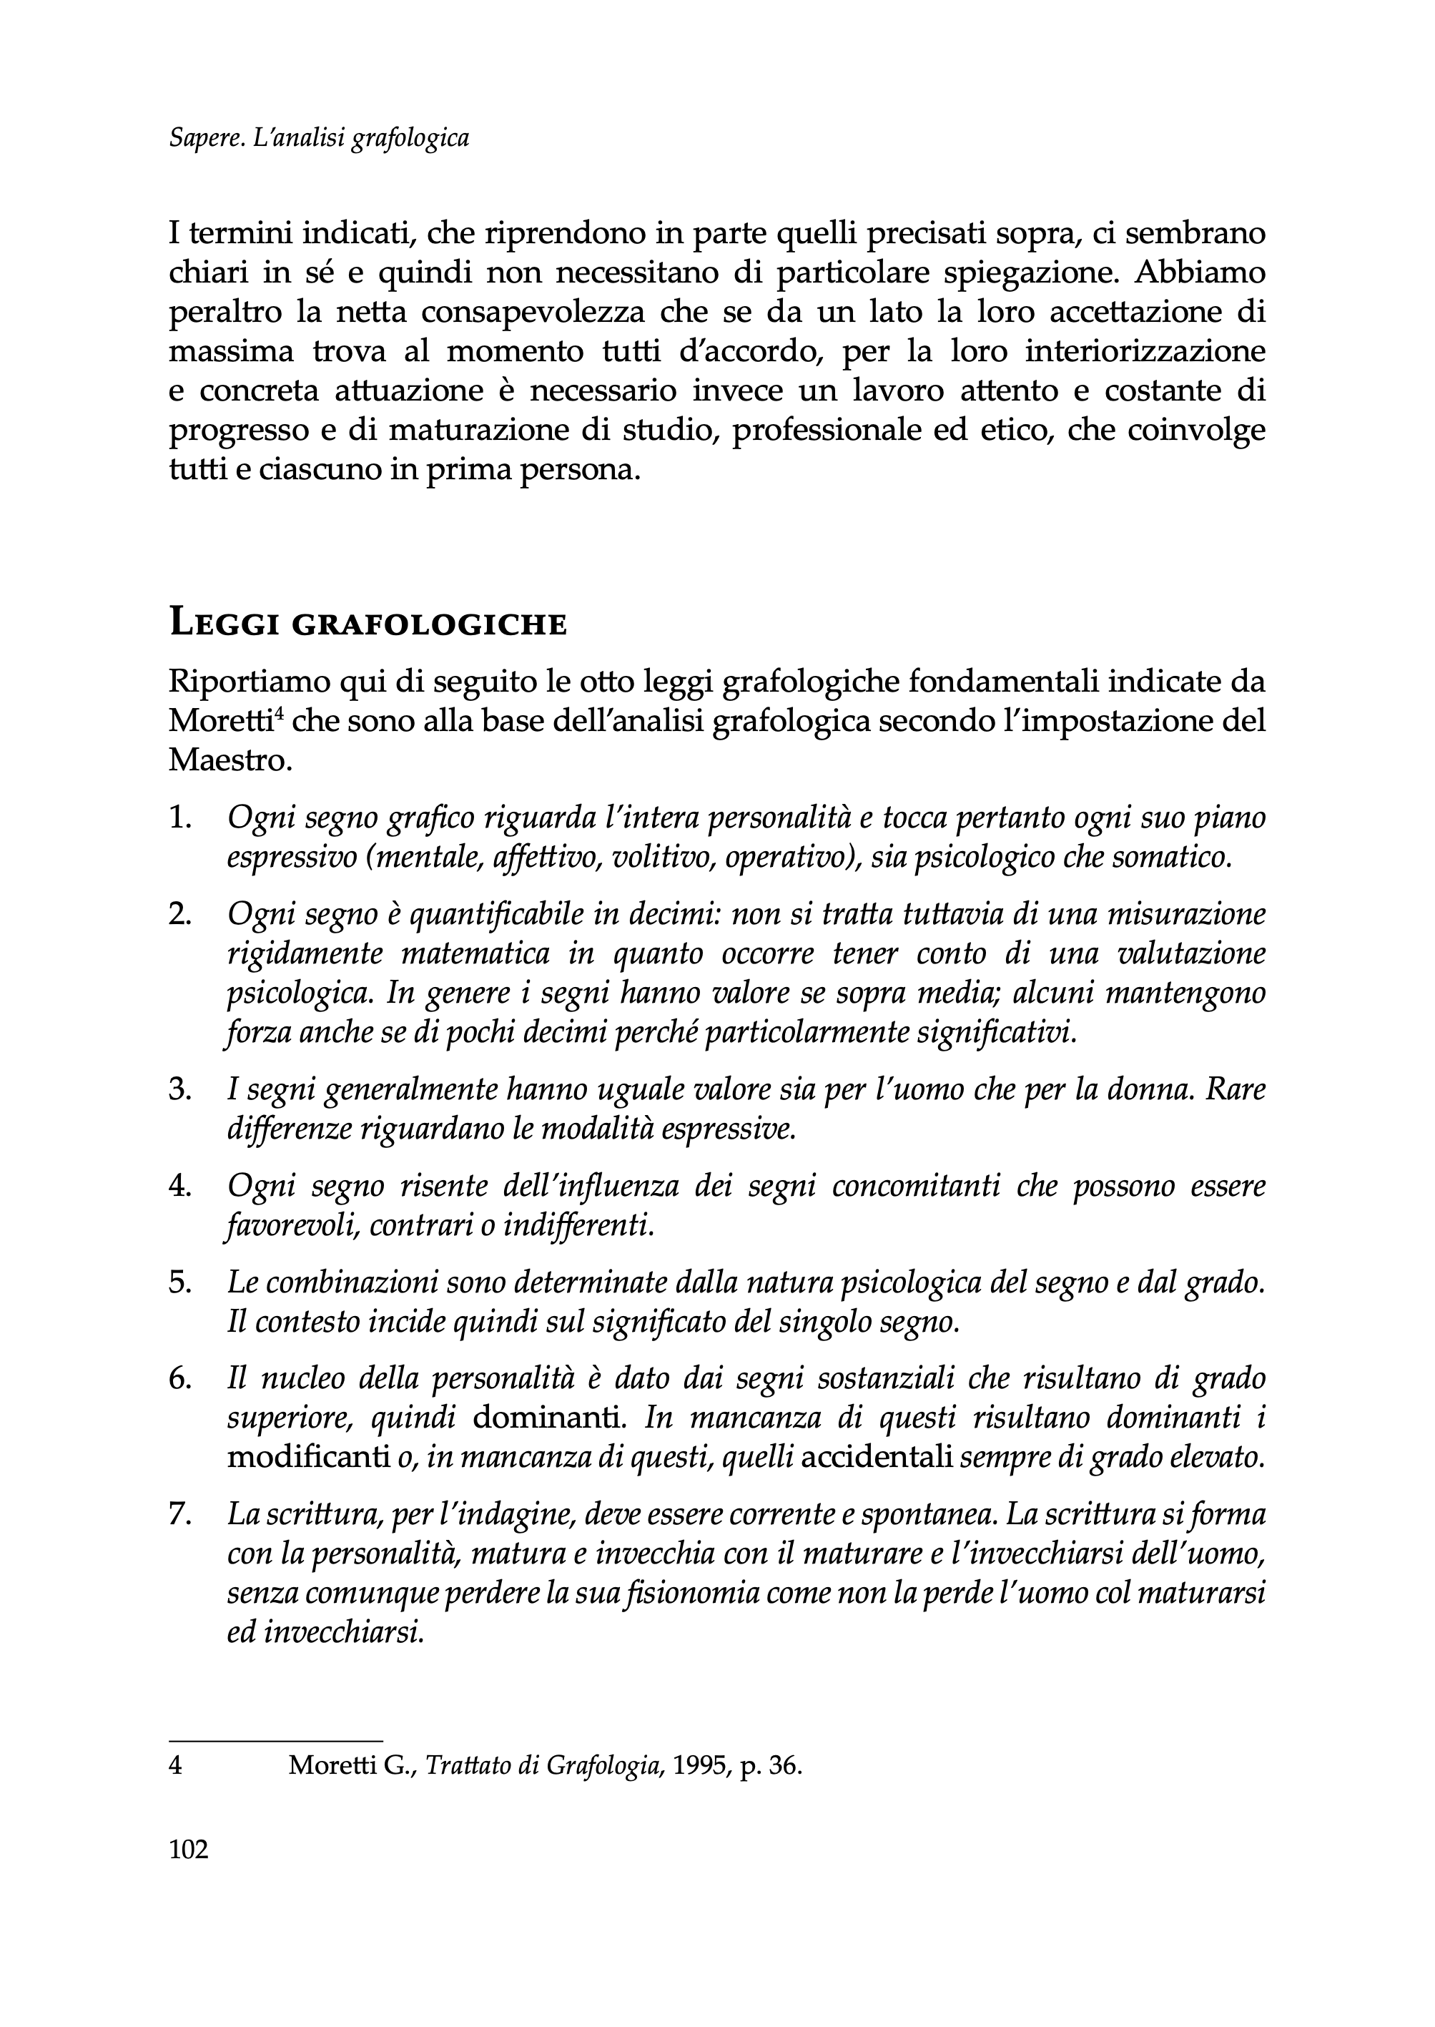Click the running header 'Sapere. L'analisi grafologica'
click(318, 138)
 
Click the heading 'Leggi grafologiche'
click(367, 624)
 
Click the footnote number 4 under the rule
click(175, 1766)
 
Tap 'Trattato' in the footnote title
click(468, 1766)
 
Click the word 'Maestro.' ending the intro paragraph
click(230, 760)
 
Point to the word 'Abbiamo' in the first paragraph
click(1199, 274)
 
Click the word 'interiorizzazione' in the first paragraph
click(1145, 352)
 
